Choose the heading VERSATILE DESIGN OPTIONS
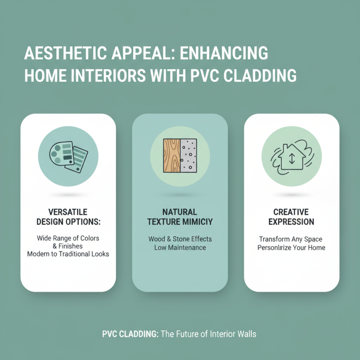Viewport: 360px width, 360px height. tap(68, 216)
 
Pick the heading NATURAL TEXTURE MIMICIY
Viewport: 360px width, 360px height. tap(180, 216)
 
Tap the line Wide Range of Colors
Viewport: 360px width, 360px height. tap(68, 238)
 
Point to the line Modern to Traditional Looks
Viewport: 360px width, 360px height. tap(68, 254)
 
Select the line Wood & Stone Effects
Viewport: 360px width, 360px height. tap(180, 239)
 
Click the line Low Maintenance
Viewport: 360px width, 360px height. tap(180, 247)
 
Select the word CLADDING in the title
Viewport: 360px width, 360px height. tap(263, 75)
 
